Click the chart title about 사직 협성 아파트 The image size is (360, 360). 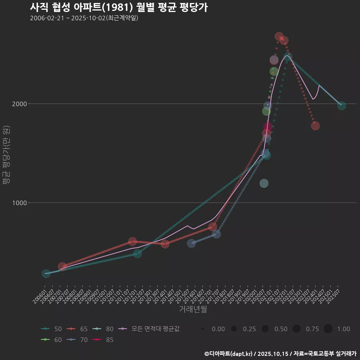click(x=118, y=7)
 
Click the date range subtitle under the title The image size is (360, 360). click(x=84, y=18)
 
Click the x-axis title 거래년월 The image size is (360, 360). click(x=193, y=309)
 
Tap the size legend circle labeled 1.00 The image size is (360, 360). click(x=328, y=329)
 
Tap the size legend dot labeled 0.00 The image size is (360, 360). click(x=202, y=329)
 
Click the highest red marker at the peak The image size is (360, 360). click(x=279, y=36)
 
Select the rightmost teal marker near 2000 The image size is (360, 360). click(x=341, y=106)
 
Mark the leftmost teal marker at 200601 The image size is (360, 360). click(x=46, y=274)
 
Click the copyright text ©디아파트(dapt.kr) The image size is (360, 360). click(x=229, y=354)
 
